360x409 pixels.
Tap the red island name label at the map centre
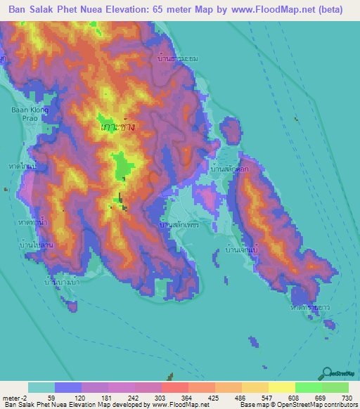[117, 127]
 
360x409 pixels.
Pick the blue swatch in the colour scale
[67, 387]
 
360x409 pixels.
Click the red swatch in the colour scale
[174, 387]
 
